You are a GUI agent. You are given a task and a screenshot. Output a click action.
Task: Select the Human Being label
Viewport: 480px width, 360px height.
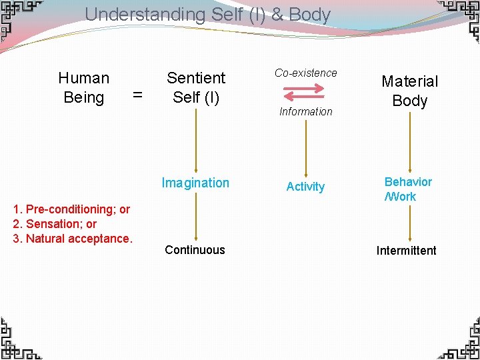point(84,88)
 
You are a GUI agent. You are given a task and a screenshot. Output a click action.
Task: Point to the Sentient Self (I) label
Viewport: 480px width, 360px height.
point(196,87)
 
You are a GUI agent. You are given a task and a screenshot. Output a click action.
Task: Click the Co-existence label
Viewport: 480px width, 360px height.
point(306,73)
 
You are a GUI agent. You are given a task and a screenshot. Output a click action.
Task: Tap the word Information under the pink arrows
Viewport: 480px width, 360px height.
point(306,111)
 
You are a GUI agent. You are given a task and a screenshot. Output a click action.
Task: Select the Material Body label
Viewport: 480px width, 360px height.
point(409,91)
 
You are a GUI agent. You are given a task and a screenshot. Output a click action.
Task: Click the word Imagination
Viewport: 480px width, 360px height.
point(195,183)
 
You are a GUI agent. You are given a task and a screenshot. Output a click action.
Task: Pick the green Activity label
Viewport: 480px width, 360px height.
point(305,187)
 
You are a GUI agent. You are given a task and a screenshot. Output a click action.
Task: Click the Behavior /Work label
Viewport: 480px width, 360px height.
point(408,189)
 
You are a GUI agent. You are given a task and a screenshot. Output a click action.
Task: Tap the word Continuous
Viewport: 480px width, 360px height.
point(195,250)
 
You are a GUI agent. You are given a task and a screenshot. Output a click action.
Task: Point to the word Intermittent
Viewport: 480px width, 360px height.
point(407,251)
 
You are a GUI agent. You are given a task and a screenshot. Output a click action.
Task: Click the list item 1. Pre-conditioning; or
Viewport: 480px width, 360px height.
point(71,209)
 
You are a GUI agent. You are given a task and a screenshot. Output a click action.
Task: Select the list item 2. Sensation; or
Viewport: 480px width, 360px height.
point(55,224)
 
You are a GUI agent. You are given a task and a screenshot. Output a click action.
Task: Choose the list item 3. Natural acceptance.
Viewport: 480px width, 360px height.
point(73,238)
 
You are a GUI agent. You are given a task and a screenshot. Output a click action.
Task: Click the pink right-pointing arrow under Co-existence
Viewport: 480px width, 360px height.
point(304,87)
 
